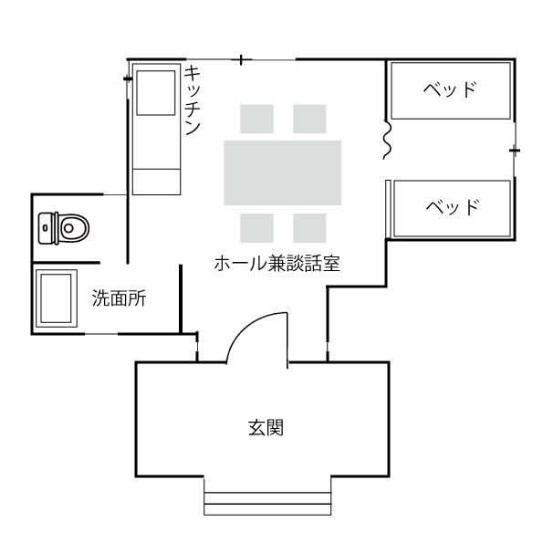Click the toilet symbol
point(64,228)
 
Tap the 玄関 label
point(266,428)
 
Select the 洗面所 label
point(120,298)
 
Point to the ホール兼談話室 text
point(277,264)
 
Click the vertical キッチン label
point(193,100)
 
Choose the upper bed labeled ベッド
point(451,90)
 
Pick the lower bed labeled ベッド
point(452,209)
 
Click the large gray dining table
point(282,172)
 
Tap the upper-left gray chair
point(257,119)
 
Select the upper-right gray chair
point(309,119)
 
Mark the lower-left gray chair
point(257,228)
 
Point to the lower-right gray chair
point(309,228)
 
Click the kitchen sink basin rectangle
point(156,93)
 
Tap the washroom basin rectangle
point(56,298)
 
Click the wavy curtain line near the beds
point(387,140)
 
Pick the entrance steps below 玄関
point(267,503)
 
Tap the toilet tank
point(46,228)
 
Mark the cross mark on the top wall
point(241,60)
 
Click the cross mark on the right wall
point(515,151)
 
